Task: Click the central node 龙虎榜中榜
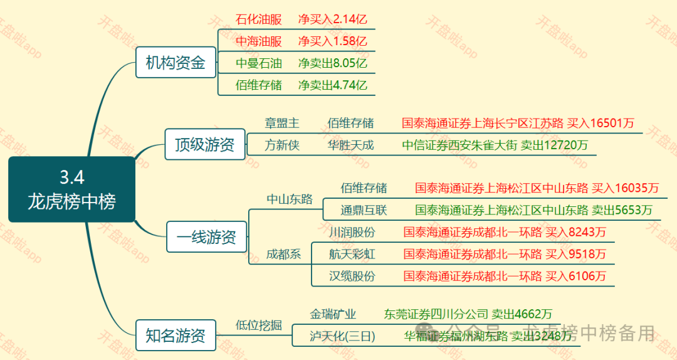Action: tap(71, 189)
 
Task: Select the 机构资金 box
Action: tap(176, 63)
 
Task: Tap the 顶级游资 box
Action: tap(204, 145)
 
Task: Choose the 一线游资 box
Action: tap(206, 237)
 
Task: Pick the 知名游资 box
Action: tap(176, 336)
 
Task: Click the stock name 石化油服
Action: tap(258, 19)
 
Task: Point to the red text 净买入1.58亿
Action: tap(332, 41)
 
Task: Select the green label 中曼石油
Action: tap(258, 63)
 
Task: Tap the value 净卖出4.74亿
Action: tap(332, 85)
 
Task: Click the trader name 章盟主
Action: tap(282, 123)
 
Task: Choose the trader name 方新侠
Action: tap(282, 146)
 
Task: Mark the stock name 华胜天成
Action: tap(350, 146)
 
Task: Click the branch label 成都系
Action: tap(283, 254)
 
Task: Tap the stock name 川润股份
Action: tap(352, 233)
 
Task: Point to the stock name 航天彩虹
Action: tap(352, 254)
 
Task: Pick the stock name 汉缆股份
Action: tap(352, 276)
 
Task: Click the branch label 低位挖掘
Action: tap(258, 325)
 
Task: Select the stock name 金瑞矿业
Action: tap(333, 314)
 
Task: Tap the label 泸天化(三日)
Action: tap(342, 336)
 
